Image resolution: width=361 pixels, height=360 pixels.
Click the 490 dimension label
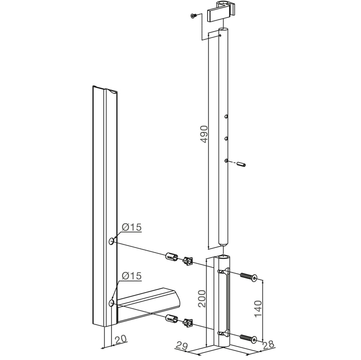point(204,134)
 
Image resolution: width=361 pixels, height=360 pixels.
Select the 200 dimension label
point(202,299)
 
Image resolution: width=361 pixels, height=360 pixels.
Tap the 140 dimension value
point(258,309)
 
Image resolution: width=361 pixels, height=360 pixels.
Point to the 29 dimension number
point(182,345)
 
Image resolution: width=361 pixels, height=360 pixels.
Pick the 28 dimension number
point(268,344)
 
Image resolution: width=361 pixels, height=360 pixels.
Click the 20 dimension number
point(121,339)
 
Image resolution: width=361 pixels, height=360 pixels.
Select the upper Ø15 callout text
point(131,227)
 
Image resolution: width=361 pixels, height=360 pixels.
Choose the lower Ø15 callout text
point(131,276)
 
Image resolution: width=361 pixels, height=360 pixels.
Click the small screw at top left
point(193,16)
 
